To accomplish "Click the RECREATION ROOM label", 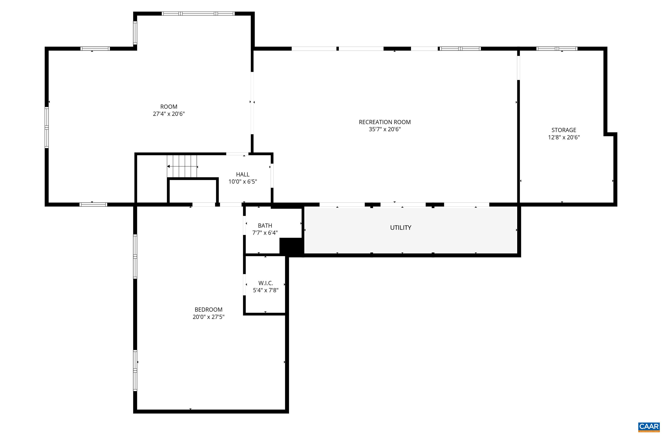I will [x=384, y=122].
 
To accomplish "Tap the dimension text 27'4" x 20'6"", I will [x=169, y=114].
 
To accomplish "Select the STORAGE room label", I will [x=564, y=130].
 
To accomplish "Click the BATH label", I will [x=265, y=225].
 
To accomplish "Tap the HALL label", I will [x=243, y=175].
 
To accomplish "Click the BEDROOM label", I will [x=208, y=310].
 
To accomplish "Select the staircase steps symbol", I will [x=182, y=166].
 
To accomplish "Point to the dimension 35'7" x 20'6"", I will [x=384, y=129].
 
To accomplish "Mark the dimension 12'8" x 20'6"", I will [x=564, y=137].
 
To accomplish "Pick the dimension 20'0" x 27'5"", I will [x=208, y=317].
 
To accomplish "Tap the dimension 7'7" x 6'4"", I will [x=265, y=233].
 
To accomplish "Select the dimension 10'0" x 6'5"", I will [x=243, y=182].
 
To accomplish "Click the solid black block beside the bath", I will [x=290, y=246].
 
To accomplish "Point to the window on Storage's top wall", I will [x=557, y=49].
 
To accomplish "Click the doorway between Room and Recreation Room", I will [x=252, y=103].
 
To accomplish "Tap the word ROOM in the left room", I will [x=169, y=107].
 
